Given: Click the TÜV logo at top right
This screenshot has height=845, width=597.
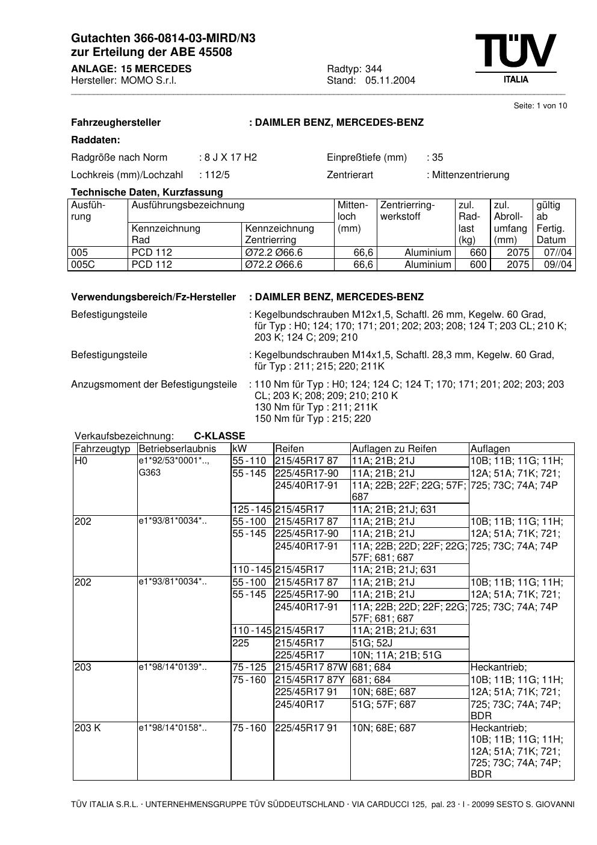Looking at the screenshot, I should pos(515,57).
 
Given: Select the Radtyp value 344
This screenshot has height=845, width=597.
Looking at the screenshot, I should pos(373,69).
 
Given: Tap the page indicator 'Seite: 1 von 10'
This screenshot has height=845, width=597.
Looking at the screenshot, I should pos(540,106).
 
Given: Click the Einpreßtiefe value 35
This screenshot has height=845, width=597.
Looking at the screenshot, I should pos(437,158).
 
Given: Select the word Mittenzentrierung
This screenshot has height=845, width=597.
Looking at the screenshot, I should pos(471,175).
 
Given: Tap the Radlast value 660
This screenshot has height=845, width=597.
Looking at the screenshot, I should pos(478,253).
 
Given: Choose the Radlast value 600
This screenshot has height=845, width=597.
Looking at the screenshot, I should pos(478,265).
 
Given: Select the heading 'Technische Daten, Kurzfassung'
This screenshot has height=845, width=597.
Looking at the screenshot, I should pos(147,193).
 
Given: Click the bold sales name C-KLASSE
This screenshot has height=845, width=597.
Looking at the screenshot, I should pos(219,436).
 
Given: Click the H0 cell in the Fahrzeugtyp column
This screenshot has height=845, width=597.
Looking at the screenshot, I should pos(81,461).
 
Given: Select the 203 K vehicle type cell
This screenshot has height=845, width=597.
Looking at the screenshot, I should pos(88,728).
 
